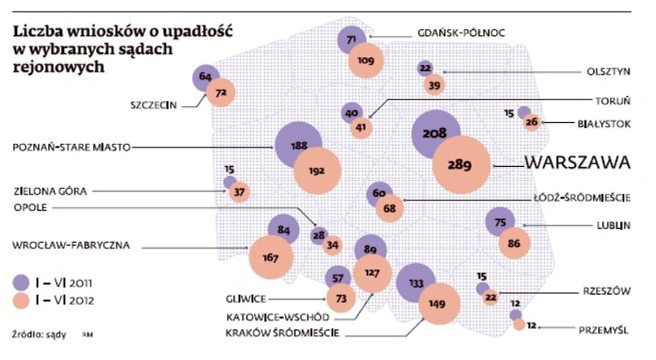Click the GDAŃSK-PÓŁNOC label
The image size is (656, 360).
[460, 32]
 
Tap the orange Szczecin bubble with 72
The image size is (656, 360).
[220, 94]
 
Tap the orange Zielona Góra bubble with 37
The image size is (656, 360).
[239, 192]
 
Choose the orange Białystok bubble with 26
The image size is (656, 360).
[532, 123]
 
